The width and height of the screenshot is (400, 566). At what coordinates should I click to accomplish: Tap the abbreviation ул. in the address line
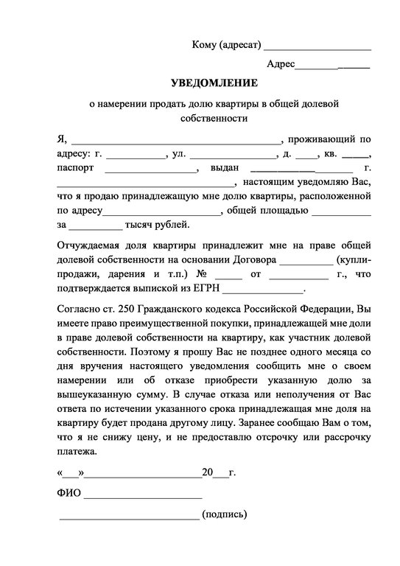pyautogui.click(x=179, y=155)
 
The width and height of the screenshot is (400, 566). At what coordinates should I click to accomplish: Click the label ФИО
pyautogui.click(x=69, y=493)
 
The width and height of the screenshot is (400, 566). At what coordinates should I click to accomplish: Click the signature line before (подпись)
pyautogui.click(x=128, y=517)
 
